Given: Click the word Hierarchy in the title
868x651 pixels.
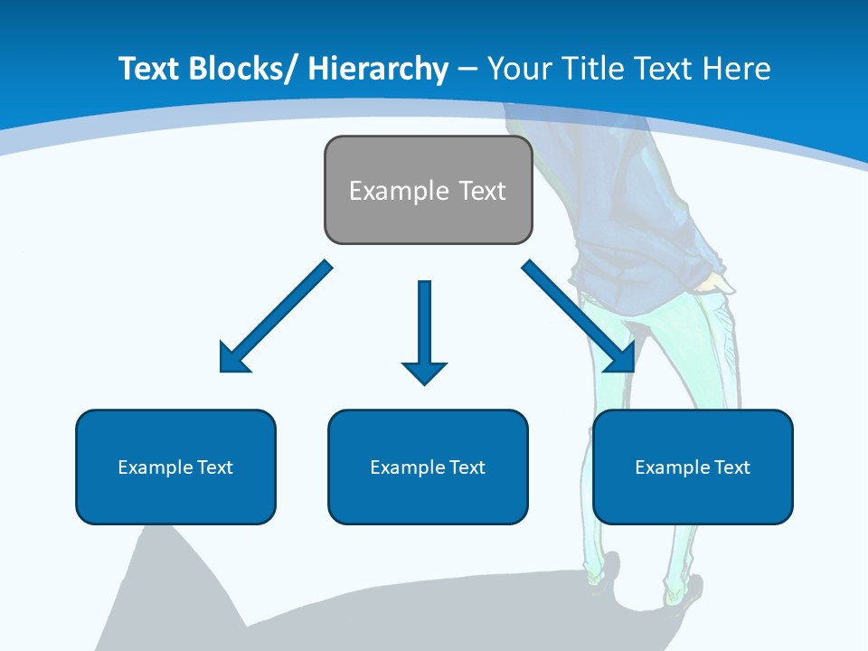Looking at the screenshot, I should click(377, 69).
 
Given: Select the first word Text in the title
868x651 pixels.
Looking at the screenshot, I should click(150, 69).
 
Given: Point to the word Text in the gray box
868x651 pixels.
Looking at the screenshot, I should click(481, 191).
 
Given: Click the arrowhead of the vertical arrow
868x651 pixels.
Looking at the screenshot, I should click(424, 372).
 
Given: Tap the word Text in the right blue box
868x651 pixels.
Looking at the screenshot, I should click(731, 467).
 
